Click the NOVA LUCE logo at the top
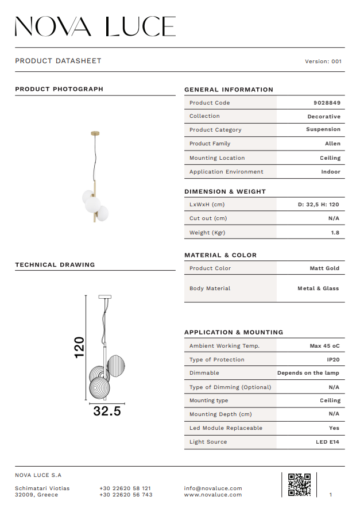click(x=95, y=26)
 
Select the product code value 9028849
click(x=327, y=103)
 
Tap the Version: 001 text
click(x=323, y=61)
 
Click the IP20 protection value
click(x=334, y=360)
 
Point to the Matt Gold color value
click(x=324, y=268)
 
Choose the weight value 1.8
click(x=335, y=233)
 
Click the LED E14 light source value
click(x=327, y=442)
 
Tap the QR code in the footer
click(x=299, y=484)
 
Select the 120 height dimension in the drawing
click(x=79, y=347)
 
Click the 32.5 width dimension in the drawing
click(x=107, y=411)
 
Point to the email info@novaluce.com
click(x=213, y=488)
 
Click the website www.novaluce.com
click(x=213, y=495)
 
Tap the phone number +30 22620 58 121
click(x=125, y=488)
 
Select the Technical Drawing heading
click(x=55, y=265)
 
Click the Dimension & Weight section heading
click(x=225, y=191)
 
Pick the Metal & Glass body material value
click(x=318, y=288)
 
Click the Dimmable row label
click(x=204, y=373)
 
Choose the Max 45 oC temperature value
click(x=324, y=346)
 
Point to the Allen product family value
click(x=332, y=144)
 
